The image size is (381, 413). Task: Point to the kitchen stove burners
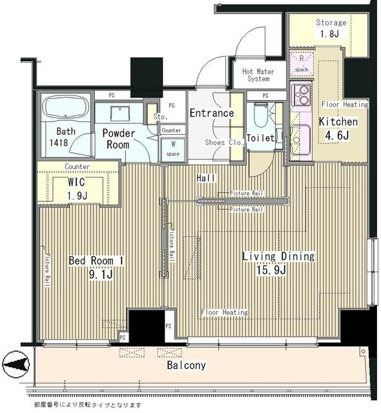301,96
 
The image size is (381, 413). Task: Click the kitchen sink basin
300,137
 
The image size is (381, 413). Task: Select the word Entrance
211,114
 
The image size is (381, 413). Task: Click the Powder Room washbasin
120,114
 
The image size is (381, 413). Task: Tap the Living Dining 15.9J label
278,262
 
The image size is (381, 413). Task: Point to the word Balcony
186,365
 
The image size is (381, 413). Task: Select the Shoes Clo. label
223,143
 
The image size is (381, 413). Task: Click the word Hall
206,177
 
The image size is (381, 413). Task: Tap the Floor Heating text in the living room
224,312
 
